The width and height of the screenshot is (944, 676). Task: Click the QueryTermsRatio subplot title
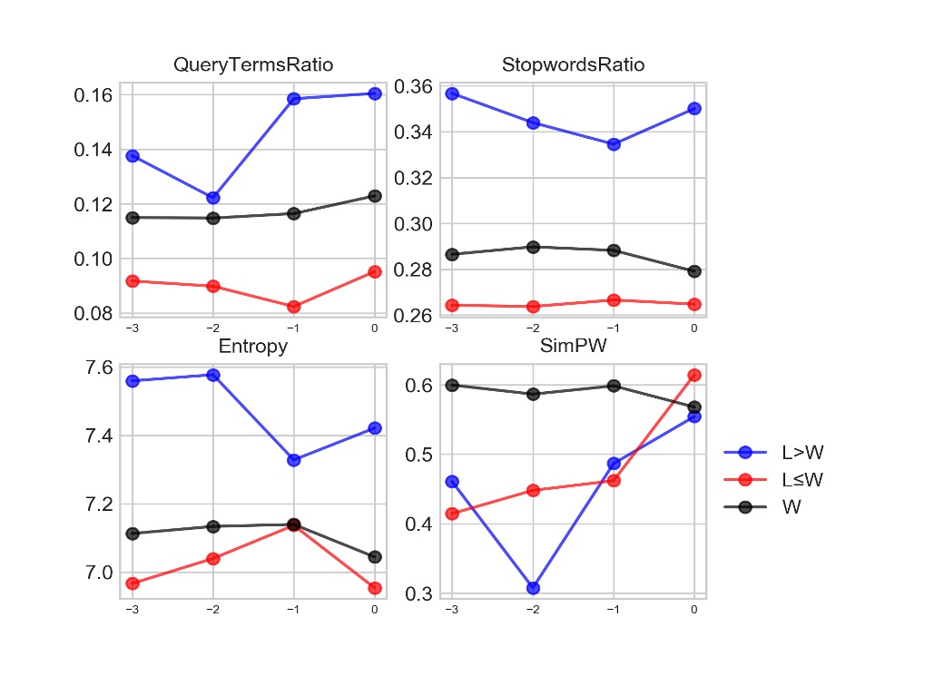(x=253, y=65)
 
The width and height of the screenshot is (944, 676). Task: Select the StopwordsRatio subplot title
(x=574, y=65)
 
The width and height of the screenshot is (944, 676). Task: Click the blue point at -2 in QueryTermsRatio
(x=213, y=198)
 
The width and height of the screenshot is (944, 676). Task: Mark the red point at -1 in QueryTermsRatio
(x=293, y=307)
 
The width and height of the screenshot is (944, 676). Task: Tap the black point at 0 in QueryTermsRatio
(x=374, y=196)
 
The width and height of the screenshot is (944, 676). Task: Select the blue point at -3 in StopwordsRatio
(x=452, y=93)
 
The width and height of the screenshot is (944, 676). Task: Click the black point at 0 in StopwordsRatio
(x=694, y=271)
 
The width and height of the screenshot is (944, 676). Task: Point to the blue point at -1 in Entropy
(x=293, y=460)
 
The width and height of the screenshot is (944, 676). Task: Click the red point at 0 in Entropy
(x=374, y=588)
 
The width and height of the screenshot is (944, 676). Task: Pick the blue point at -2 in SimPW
(x=533, y=588)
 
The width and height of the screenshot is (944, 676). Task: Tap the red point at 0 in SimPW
(x=694, y=375)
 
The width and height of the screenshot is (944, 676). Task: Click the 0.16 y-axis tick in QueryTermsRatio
(x=93, y=95)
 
